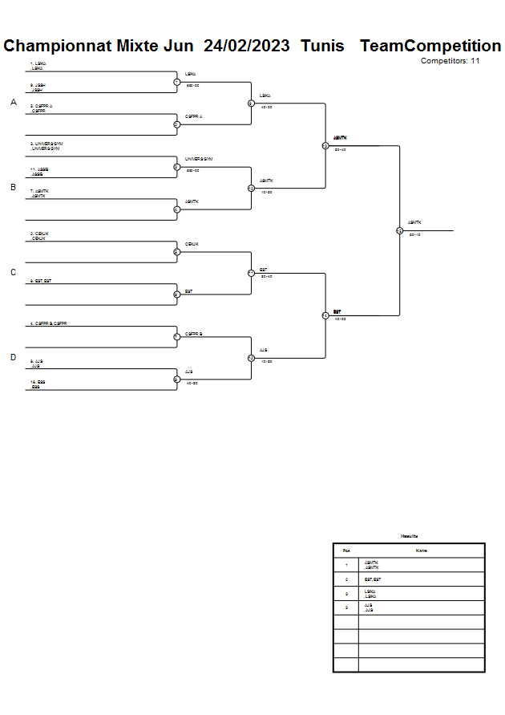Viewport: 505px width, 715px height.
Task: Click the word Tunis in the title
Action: (x=322, y=46)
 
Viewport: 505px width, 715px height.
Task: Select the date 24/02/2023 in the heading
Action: (x=246, y=46)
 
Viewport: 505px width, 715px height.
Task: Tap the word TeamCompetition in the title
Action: (x=430, y=46)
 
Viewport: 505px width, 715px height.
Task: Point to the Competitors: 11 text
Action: (x=450, y=60)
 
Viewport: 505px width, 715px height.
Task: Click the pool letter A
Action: (x=14, y=103)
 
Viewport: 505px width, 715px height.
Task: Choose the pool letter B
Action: (x=13, y=187)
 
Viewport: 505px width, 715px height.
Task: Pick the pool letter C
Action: (x=13, y=272)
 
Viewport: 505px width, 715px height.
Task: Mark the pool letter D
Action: (x=13, y=357)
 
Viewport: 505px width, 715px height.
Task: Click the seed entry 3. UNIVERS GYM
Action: (x=46, y=144)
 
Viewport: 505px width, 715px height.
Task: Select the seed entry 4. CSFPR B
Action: (x=50, y=323)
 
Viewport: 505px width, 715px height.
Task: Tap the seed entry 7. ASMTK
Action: (x=40, y=191)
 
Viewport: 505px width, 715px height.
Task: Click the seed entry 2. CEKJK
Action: (x=40, y=234)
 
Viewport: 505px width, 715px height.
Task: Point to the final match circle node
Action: (x=399, y=230)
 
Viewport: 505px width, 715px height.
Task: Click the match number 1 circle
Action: (x=176, y=81)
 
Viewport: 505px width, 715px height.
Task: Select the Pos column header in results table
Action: (x=345, y=550)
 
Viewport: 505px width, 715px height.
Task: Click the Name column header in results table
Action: (x=421, y=550)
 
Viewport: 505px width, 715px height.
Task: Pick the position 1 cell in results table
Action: (x=345, y=565)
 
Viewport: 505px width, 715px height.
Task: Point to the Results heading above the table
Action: (x=409, y=536)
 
